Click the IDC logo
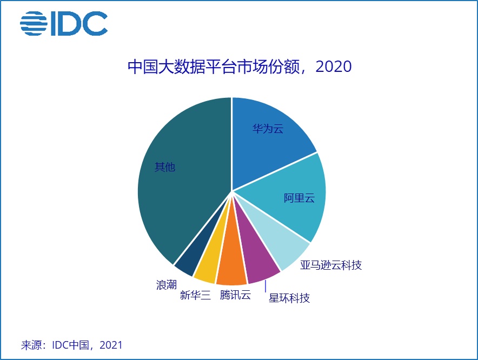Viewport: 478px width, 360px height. [64, 24]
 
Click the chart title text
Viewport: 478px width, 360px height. [239, 67]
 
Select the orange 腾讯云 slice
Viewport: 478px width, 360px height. [233, 268]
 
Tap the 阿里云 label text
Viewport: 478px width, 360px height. [299, 198]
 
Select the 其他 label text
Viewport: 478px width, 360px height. [165, 167]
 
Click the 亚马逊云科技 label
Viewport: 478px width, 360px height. [330, 265]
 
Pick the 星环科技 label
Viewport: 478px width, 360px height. [289, 298]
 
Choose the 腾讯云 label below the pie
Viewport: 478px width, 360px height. [235, 295]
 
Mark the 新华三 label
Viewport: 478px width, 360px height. [195, 295]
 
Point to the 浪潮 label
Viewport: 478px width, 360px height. [167, 284]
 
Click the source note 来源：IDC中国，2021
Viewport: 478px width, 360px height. [71, 345]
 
